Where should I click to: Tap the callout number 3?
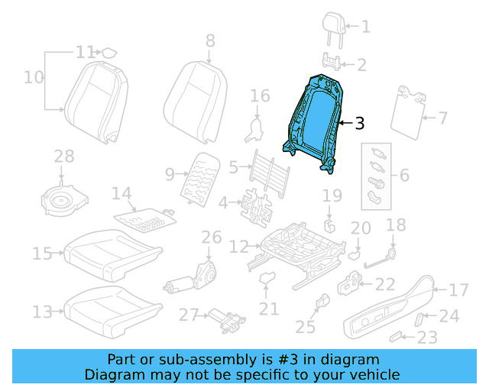[360, 122]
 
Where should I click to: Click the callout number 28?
[63, 157]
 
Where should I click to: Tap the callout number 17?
[458, 290]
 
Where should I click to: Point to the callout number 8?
[210, 41]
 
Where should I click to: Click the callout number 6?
[403, 176]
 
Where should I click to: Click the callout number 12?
[239, 247]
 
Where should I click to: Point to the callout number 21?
[268, 309]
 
